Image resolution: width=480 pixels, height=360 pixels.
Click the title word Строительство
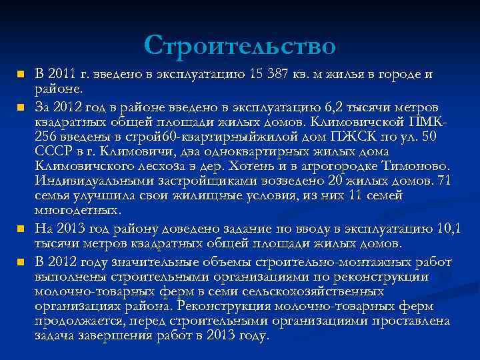(239, 45)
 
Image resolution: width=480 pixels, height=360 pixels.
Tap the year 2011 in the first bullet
(63, 73)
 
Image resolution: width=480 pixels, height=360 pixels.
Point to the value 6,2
(332, 108)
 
